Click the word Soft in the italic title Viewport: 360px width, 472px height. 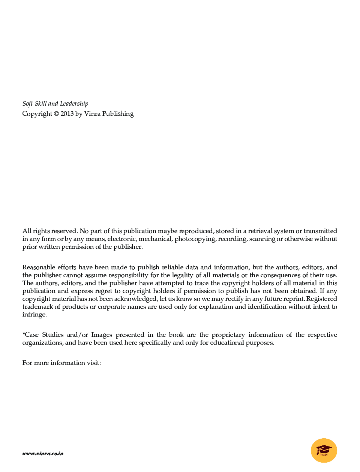coord(27,104)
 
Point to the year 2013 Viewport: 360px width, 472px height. coord(67,114)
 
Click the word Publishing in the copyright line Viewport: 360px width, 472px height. coord(118,114)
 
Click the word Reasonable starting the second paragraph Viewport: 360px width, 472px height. coord(39,267)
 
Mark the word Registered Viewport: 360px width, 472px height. coord(321,299)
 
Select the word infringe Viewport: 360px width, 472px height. coord(34,315)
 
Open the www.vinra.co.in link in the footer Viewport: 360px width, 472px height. coord(43,453)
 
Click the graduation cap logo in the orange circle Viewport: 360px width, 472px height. coord(324,450)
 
